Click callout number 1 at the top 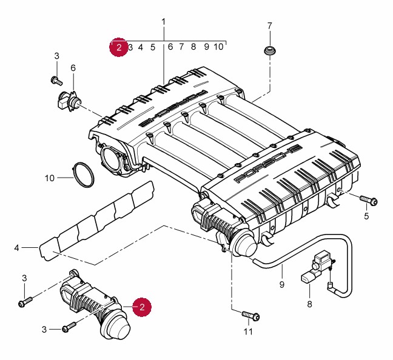point(163,22)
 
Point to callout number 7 point(270,26)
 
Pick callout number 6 point(73,67)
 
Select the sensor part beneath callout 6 point(69,101)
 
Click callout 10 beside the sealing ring point(50,178)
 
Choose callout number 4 point(17,247)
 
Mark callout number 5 point(366,216)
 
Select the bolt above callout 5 point(368,201)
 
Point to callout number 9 point(281,284)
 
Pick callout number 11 point(247,332)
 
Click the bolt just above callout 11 point(250,315)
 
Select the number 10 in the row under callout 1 point(219,47)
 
